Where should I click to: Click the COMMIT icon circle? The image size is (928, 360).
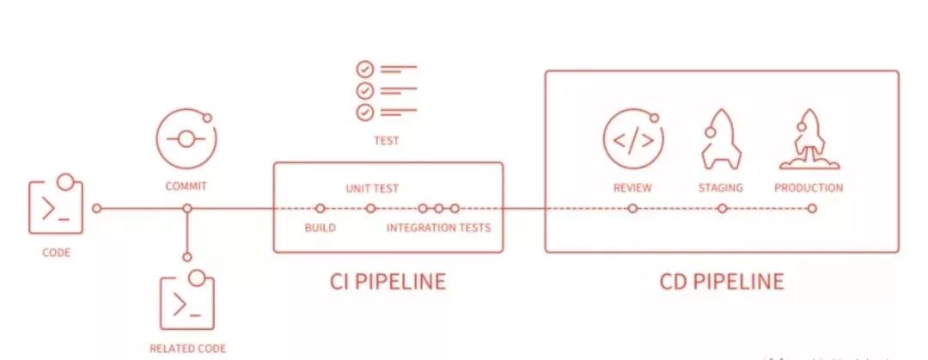[x=186, y=139]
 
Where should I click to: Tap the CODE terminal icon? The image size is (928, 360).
[x=56, y=206]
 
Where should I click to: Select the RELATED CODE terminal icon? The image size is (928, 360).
[x=186, y=303]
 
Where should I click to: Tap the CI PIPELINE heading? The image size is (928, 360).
[x=388, y=281]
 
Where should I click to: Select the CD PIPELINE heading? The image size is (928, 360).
[x=722, y=281]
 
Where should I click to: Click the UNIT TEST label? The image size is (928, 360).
[x=372, y=188]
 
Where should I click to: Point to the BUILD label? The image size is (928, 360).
[x=320, y=228]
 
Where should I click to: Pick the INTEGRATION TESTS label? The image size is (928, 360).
[x=438, y=228]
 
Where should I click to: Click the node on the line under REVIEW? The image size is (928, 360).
[x=632, y=208]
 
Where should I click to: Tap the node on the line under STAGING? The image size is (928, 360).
[x=722, y=208]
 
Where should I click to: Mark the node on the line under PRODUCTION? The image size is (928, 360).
[x=812, y=208]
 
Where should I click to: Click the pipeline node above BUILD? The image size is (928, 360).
[x=320, y=208]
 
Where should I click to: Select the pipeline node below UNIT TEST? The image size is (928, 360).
[x=370, y=208]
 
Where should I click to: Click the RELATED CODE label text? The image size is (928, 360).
[x=187, y=348]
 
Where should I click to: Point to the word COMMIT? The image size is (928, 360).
[x=186, y=186]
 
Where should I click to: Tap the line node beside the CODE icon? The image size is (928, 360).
[x=97, y=208]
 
